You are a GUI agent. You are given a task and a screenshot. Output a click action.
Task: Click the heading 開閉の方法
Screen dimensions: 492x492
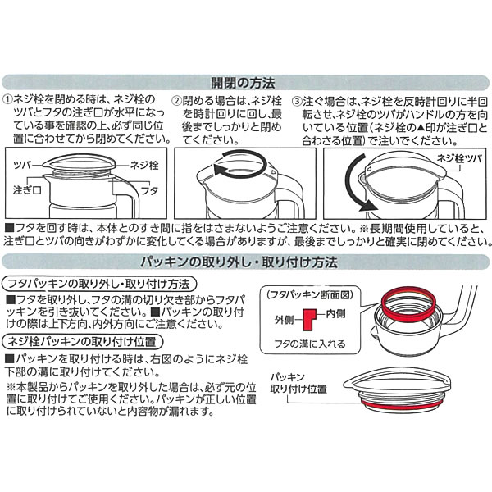[x=243, y=83]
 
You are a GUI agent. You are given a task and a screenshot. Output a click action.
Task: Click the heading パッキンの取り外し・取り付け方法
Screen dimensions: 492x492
[x=239, y=262]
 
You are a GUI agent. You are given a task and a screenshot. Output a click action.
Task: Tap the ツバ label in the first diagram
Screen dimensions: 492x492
[x=23, y=165]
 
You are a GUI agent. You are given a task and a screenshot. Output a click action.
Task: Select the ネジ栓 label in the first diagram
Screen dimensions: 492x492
[x=144, y=166]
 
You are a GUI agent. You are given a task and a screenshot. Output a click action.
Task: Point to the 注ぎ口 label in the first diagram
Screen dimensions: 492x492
[x=27, y=190]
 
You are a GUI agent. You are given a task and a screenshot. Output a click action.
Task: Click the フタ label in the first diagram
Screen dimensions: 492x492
[x=150, y=190]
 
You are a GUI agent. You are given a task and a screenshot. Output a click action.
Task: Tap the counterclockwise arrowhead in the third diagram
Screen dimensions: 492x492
[x=368, y=206]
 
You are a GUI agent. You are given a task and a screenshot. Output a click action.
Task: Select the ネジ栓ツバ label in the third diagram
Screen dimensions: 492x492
[x=459, y=159]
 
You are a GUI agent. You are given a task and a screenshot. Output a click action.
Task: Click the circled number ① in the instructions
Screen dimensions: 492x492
[x=7, y=100]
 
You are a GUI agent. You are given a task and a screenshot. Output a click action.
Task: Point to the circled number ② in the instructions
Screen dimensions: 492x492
[x=178, y=101]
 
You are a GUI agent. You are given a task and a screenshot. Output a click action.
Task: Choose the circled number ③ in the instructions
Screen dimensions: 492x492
[x=297, y=102]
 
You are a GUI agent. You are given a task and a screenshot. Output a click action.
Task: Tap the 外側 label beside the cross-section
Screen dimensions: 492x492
[x=284, y=320]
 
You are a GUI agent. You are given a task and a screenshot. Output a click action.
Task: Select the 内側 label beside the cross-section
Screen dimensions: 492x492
[x=335, y=313]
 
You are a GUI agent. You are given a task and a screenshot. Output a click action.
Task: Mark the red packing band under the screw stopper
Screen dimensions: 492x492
[x=402, y=406]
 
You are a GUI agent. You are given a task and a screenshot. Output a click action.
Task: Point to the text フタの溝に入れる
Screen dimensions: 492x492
[x=310, y=344]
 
